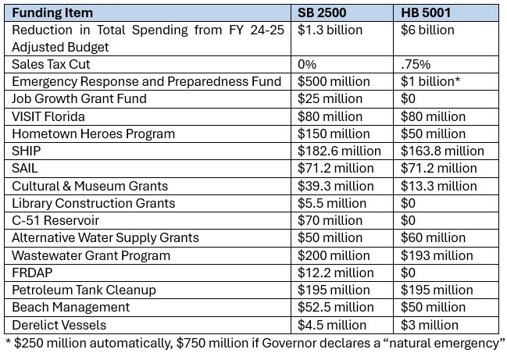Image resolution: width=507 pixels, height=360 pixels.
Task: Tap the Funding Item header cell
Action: point(53,13)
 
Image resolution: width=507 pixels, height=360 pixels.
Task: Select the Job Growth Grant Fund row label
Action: point(79,99)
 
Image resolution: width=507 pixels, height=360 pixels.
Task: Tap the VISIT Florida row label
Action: point(51,116)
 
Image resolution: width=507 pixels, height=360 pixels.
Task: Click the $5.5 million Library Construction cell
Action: point(332,203)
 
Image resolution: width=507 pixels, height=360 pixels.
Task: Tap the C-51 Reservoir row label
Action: point(55,220)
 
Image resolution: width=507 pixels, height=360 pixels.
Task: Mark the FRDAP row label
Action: point(32,273)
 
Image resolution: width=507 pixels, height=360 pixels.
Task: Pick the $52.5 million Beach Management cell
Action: point(336,307)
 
